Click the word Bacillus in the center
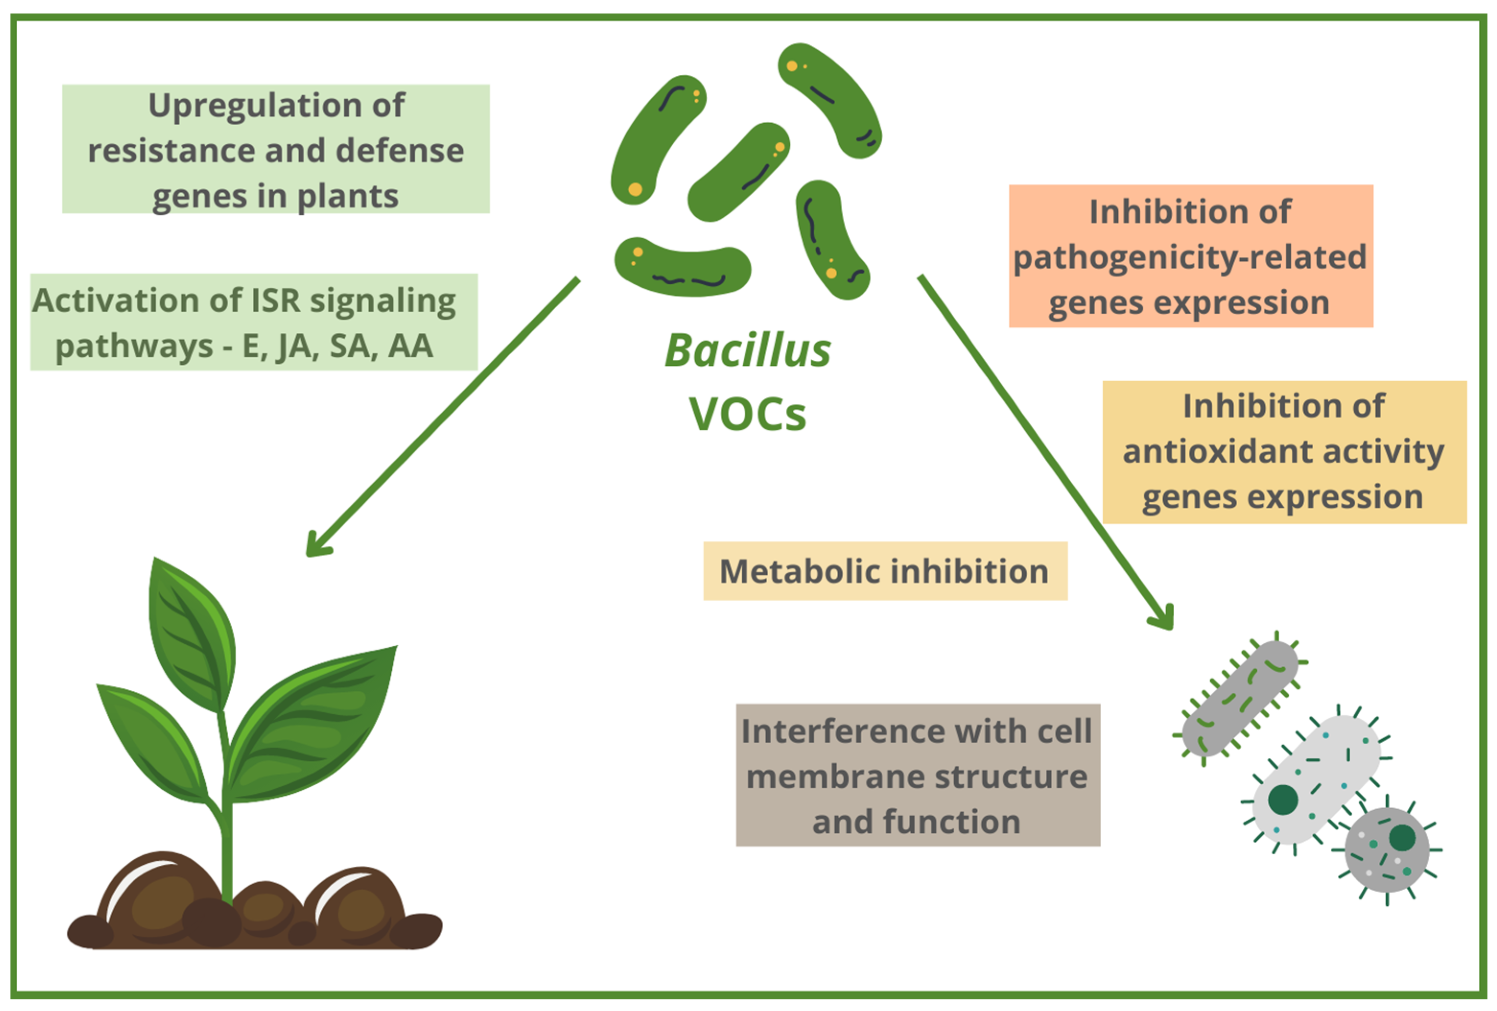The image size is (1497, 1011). coord(747,351)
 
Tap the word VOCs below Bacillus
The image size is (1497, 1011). coord(747,414)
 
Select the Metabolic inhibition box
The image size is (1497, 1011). coord(884,571)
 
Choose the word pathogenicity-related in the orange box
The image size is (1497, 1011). coord(1189,257)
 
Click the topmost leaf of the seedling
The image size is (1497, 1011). coord(192,634)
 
